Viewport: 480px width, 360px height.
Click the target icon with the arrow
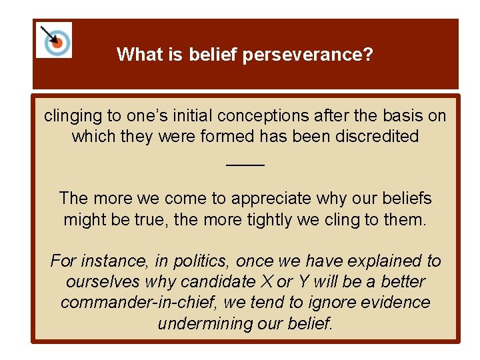click(x=55, y=40)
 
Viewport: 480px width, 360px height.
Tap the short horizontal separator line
click(x=245, y=165)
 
